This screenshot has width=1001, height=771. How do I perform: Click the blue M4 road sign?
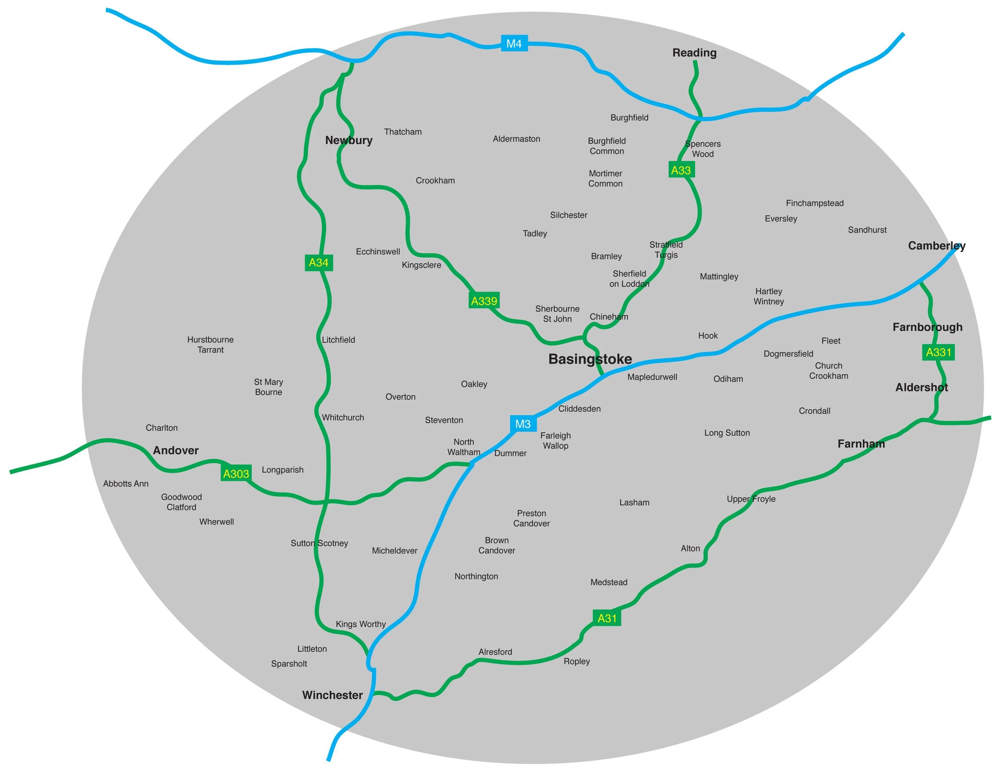click(514, 44)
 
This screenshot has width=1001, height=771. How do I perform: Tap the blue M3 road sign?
click(523, 423)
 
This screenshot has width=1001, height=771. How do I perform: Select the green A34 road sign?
click(319, 263)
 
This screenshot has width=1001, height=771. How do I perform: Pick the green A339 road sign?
click(484, 301)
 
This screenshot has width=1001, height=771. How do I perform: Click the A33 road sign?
click(681, 170)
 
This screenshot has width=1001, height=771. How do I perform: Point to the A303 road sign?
click(236, 473)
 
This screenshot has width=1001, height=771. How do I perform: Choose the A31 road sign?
click(607, 618)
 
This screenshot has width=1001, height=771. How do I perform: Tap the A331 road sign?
click(938, 352)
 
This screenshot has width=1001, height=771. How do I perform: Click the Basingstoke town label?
click(590, 359)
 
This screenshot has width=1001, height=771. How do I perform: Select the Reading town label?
click(694, 53)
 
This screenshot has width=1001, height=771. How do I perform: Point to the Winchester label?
click(332, 695)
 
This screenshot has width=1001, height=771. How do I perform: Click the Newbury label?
click(349, 140)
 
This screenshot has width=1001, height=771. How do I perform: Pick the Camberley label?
click(937, 246)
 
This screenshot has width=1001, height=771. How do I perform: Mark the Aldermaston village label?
click(517, 139)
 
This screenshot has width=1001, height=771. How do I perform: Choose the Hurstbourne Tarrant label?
click(210, 344)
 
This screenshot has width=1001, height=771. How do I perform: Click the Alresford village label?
click(495, 651)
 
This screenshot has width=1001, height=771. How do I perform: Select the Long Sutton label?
click(727, 433)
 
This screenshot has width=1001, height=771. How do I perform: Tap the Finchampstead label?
click(814, 203)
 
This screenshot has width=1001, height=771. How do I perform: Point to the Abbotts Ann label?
click(126, 483)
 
